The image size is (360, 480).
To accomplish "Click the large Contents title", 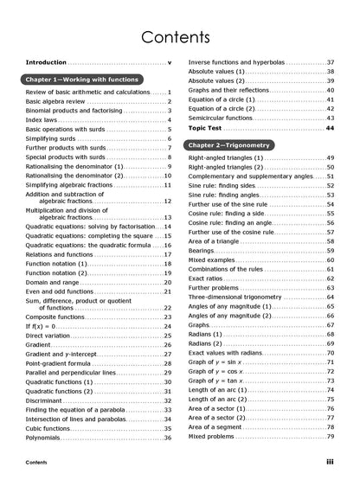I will pyautogui.click(x=179, y=37).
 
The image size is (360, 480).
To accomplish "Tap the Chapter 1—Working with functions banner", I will pyautogui.click(x=82, y=80).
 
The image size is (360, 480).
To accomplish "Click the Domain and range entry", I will pyautogui.click(x=52, y=282).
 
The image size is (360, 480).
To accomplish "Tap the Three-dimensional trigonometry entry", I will pyautogui.click(x=244, y=298).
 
